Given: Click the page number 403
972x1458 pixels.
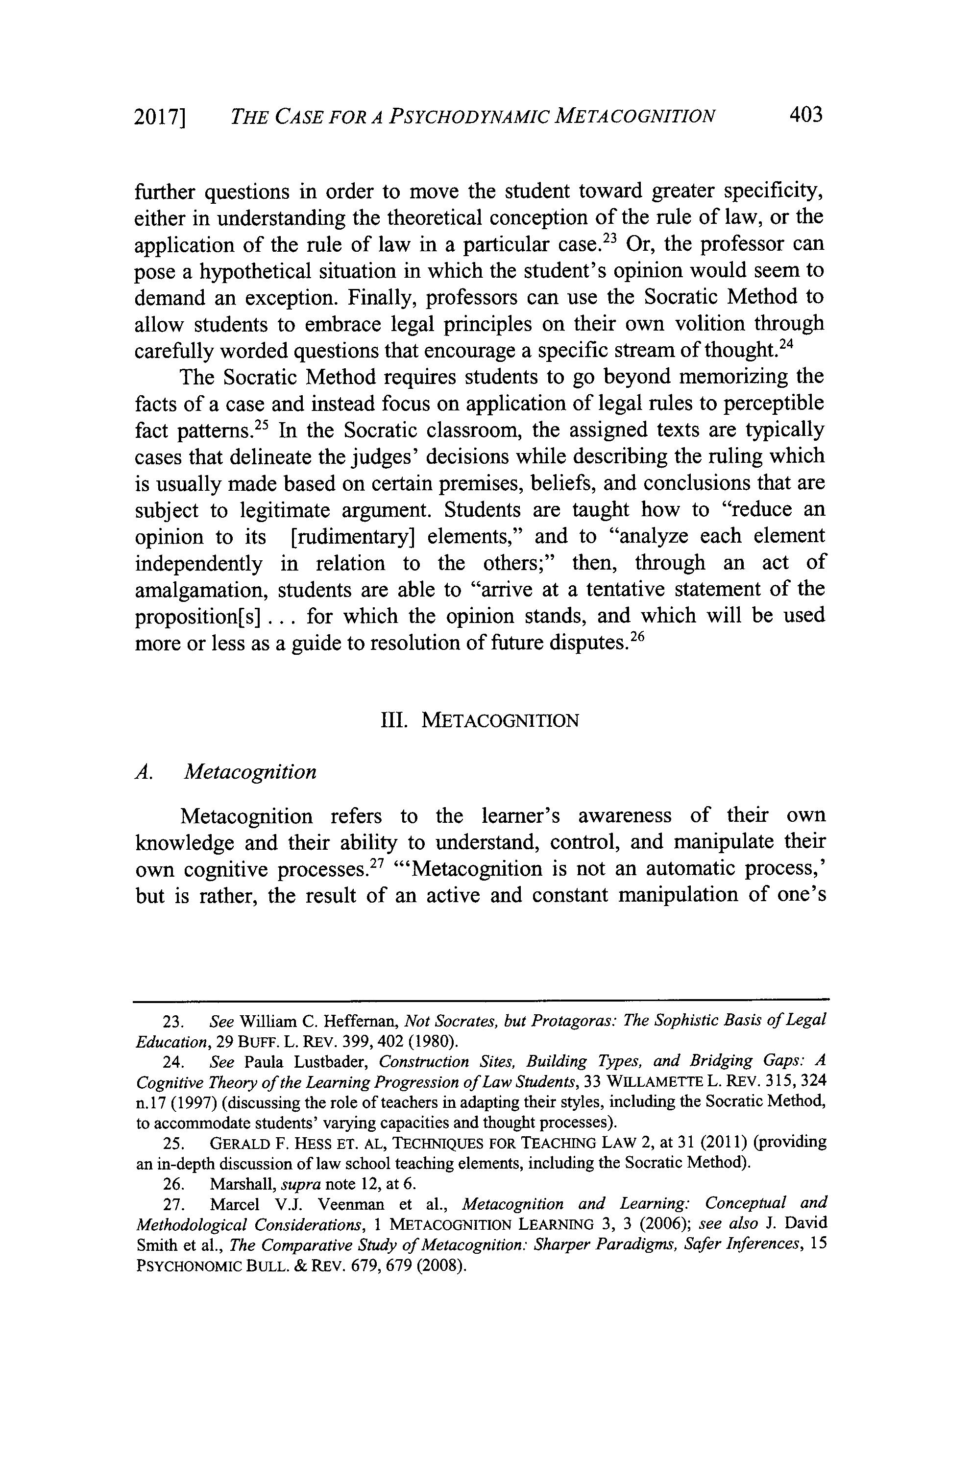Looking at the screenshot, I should tap(805, 115).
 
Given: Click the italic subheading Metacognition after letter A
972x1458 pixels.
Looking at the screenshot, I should tap(250, 772).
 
